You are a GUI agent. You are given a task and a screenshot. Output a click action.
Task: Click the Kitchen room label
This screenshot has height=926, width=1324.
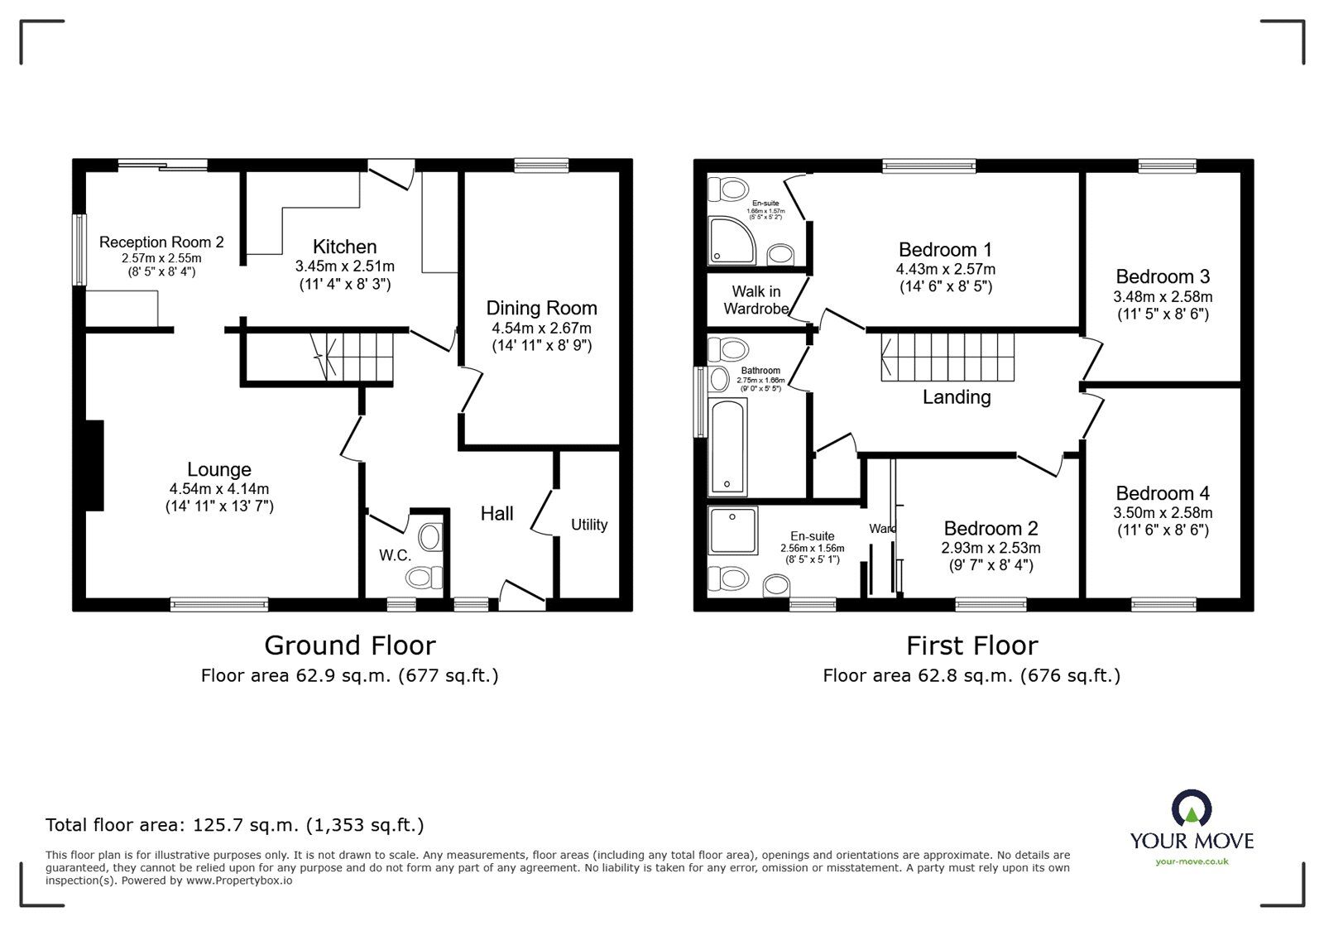pyautogui.click(x=344, y=247)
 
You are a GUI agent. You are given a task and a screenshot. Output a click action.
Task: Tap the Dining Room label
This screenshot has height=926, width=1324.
pyautogui.click(x=541, y=308)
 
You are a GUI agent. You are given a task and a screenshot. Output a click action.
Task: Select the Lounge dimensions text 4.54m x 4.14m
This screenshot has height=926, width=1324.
pyautogui.click(x=219, y=489)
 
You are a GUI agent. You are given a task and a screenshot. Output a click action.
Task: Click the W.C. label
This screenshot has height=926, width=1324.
pyautogui.click(x=396, y=555)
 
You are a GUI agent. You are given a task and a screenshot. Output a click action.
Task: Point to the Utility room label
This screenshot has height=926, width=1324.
pyautogui.click(x=589, y=525)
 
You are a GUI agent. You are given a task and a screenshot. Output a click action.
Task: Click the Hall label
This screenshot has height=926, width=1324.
pyautogui.click(x=496, y=514)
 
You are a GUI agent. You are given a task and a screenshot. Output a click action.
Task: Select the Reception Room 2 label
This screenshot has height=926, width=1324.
pyautogui.click(x=161, y=242)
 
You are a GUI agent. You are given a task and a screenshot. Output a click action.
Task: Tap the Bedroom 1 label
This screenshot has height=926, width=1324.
pyautogui.click(x=945, y=250)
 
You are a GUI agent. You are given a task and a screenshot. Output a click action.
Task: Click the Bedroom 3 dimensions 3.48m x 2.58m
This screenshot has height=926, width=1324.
pyautogui.click(x=1163, y=296)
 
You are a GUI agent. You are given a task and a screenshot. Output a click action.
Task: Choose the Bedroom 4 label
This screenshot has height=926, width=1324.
pyautogui.click(x=1162, y=493)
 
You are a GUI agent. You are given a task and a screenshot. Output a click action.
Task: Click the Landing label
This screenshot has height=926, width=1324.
pyautogui.click(x=957, y=397)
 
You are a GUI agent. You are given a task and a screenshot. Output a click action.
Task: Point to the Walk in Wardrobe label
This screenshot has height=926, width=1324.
pyautogui.click(x=756, y=300)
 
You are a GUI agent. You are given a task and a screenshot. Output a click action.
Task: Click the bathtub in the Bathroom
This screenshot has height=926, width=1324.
pyautogui.click(x=728, y=445)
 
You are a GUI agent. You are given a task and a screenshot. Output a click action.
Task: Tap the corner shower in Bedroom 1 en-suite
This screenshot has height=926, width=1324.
pyautogui.click(x=731, y=241)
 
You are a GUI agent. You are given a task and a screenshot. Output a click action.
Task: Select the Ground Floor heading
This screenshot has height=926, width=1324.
pyautogui.click(x=349, y=645)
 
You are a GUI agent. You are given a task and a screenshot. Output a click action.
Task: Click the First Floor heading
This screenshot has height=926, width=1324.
pyautogui.click(x=971, y=645)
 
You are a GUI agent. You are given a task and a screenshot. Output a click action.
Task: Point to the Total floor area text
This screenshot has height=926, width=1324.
pyautogui.click(x=234, y=825)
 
